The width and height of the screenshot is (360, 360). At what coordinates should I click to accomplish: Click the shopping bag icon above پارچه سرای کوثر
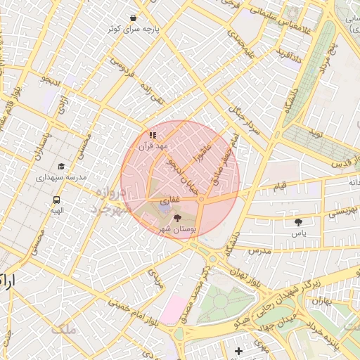pos(134,18)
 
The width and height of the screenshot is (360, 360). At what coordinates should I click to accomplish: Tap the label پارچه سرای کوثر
pos(133,30)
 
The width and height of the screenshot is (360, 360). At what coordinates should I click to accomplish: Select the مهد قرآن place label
pos(153,146)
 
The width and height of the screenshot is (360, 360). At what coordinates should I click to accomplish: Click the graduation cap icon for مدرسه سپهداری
pos(61,167)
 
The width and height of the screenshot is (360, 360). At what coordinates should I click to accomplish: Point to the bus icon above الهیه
pos(56,200)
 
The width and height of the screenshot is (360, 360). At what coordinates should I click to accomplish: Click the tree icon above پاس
pos(298,221)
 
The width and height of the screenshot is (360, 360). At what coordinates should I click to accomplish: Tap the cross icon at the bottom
pos(239,351)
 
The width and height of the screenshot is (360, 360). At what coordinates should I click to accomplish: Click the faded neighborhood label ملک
pos(63,328)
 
